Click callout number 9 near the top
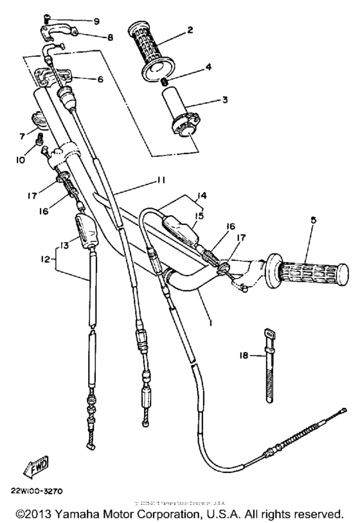tap(97, 21)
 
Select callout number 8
tap(111, 37)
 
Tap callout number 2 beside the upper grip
tap(191, 29)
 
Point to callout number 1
tap(208, 317)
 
